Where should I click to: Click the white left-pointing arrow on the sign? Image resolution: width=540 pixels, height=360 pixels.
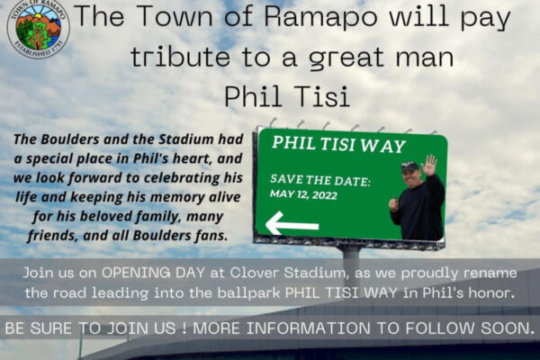tap(292, 223)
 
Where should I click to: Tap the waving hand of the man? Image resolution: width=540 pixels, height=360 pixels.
tap(429, 165)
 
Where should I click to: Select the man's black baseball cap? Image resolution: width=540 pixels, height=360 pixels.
tap(410, 167)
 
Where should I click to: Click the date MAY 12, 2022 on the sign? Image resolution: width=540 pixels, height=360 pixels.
tap(303, 194)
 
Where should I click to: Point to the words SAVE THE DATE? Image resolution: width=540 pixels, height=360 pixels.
tap(320, 180)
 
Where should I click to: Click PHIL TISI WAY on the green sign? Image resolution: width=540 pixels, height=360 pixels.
tap(339, 144)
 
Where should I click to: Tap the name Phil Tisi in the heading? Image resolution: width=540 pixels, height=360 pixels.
tap(287, 96)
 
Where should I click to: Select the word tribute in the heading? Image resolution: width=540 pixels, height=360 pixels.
tap(180, 57)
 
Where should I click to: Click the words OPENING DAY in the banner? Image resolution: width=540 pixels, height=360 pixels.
tap(153, 273)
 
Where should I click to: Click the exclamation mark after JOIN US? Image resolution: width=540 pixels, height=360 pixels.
tap(184, 328)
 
